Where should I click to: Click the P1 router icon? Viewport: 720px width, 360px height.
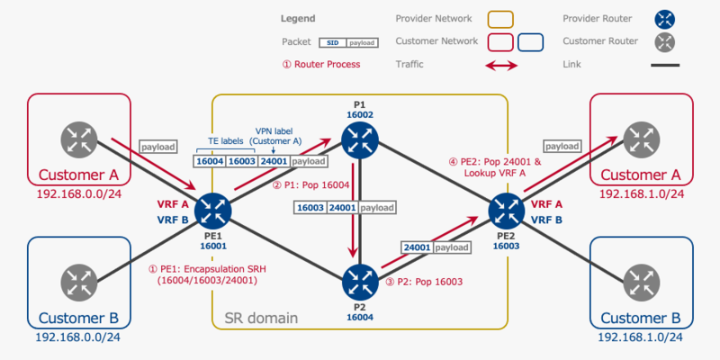pos(360,139)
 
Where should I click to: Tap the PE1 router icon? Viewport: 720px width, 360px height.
pos(213,211)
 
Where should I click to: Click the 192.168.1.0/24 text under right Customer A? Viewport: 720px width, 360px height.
pos(641,193)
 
